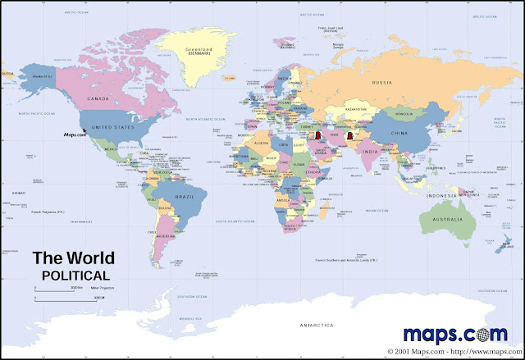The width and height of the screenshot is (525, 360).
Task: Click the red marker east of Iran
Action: pyautogui.click(x=350, y=136)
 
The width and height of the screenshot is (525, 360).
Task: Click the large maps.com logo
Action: pyautogui.click(x=460, y=333)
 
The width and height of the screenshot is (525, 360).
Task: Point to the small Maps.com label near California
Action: pyautogui.click(x=76, y=135)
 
